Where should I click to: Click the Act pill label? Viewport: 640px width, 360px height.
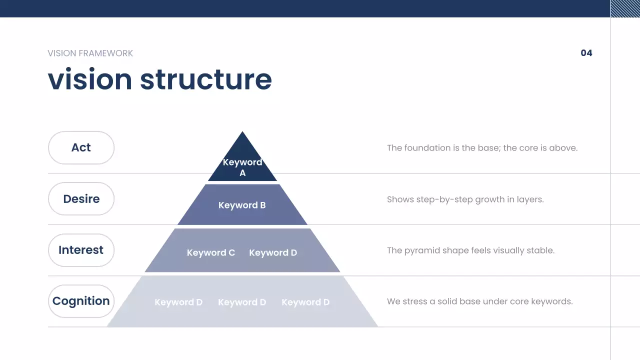pos(81,147)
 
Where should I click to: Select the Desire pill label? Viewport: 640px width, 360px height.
pos(81,199)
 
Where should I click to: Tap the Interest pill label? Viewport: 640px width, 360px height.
pos(81,250)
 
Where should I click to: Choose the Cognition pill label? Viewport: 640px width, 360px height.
pos(81,301)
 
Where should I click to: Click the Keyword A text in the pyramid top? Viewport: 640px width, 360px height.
pos(242,167)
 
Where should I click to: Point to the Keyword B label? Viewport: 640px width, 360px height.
pos(242,205)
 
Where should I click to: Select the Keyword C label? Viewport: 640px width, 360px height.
pos(211,253)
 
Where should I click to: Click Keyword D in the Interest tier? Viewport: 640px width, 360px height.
pos(273,253)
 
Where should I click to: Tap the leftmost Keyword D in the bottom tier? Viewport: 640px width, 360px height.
pos(178,302)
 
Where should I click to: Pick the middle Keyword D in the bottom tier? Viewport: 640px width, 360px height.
pos(242,302)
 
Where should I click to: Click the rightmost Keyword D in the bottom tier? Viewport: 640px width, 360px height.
pos(305,302)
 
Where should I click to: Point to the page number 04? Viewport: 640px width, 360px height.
pos(586,53)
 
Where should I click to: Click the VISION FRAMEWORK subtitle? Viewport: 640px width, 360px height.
pos(90,53)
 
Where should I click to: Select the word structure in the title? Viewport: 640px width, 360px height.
pos(205,79)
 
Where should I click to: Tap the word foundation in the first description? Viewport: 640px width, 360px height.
pos(427,148)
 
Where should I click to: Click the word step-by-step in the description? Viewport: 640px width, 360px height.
pos(448,199)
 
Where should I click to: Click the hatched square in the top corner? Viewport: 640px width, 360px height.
pos(625,8)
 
